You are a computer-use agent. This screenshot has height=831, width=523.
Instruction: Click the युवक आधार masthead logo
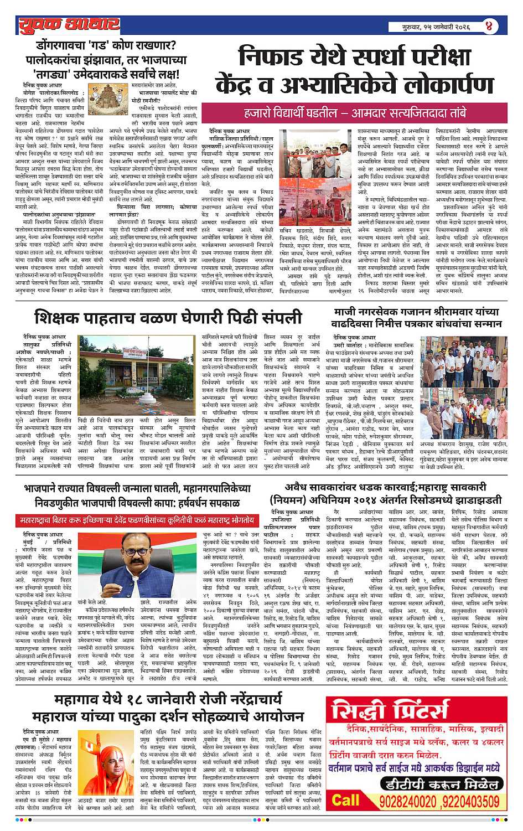(x=68, y=25)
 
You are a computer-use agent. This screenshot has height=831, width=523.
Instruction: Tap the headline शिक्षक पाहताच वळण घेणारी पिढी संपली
(x=169, y=318)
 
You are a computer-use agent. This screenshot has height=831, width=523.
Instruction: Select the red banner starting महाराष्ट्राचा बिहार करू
(x=137, y=521)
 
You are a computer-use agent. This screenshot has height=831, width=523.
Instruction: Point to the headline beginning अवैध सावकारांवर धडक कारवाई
(x=385, y=493)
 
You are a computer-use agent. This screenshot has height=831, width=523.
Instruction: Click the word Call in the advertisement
(x=345, y=799)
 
